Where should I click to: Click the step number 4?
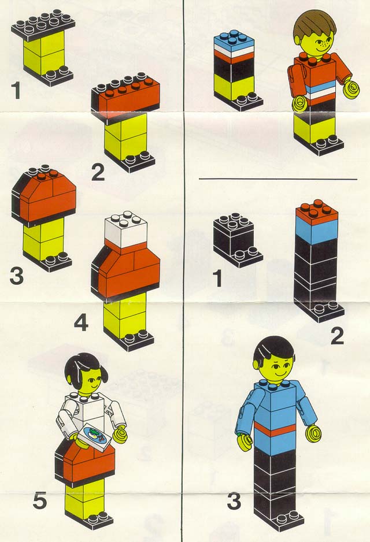click(82, 324)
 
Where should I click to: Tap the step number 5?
click(40, 500)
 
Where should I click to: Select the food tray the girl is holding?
click(94, 437)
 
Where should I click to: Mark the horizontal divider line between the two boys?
click(278, 179)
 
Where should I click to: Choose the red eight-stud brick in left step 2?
click(126, 94)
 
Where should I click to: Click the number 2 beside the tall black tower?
click(338, 336)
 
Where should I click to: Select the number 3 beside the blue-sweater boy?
click(235, 500)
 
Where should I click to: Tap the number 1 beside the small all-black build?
click(217, 279)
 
